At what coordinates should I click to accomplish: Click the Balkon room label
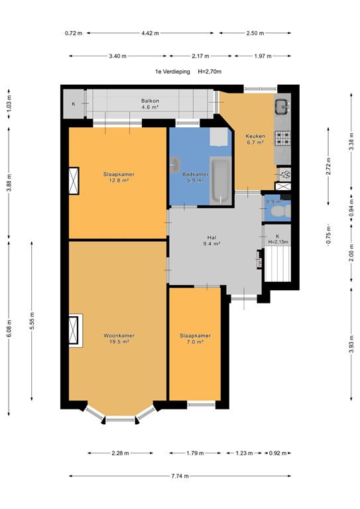(x=149, y=101)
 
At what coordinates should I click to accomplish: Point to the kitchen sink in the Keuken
(x=281, y=105)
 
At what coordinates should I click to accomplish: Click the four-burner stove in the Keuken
(x=283, y=139)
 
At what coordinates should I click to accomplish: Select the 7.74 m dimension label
(x=180, y=476)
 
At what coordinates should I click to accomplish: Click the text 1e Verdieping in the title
(x=172, y=71)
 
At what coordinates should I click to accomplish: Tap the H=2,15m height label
(x=278, y=243)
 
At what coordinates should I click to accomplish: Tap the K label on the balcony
(x=74, y=104)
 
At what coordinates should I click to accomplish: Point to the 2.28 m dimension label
(x=121, y=453)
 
